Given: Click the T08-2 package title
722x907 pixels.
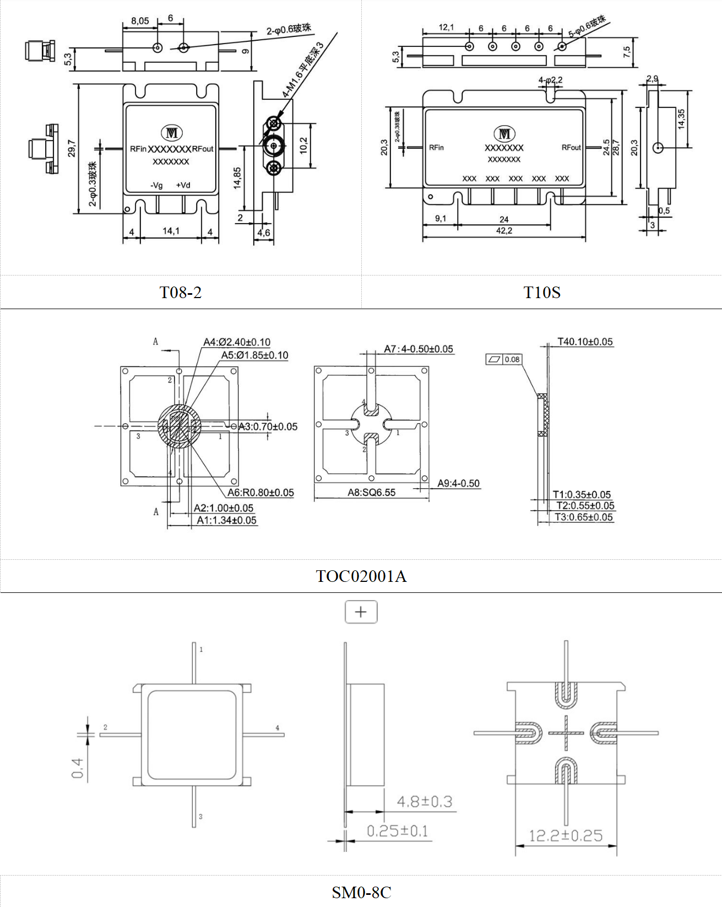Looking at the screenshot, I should click(181, 292).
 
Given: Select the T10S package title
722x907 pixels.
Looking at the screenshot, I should click(542, 292).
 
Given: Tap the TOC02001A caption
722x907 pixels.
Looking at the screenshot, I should click(361, 576).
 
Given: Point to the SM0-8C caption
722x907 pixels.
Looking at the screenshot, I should click(361, 892).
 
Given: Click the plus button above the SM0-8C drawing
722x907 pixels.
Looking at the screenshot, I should click(361, 612).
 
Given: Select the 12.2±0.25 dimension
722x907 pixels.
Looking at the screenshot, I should click(566, 835).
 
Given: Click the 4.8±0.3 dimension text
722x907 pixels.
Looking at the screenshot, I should click(425, 801).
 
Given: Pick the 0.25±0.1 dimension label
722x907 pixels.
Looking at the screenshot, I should click(397, 830).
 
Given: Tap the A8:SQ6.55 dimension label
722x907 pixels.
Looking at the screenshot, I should click(371, 492).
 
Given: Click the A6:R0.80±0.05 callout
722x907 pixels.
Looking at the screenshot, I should click(260, 492).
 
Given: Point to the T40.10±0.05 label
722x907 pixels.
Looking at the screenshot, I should click(585, 342).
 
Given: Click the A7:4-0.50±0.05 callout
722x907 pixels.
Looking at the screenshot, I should click(419, 349).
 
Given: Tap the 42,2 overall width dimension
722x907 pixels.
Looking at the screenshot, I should click(504, 231).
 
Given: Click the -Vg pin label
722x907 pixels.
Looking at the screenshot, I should click(157, 185).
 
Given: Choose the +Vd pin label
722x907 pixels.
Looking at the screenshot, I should click(183, 185).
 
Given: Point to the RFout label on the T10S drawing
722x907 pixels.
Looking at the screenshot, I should click(571, 147).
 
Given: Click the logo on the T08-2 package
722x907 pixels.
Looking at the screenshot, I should click(171, 133).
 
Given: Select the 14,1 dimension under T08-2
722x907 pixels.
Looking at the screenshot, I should click(171, 231).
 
